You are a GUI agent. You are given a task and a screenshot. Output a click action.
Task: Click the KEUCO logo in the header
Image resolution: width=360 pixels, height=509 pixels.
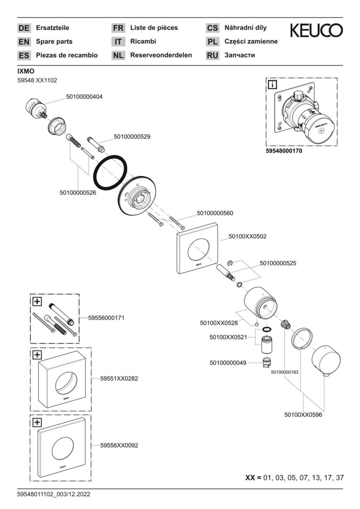[316, 31]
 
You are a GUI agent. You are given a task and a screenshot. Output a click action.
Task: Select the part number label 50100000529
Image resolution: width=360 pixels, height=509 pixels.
[132, 137]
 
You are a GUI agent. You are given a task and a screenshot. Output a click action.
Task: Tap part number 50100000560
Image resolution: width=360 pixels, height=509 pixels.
[215, 213]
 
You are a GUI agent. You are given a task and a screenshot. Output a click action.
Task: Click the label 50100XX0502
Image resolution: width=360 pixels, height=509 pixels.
[247, 237]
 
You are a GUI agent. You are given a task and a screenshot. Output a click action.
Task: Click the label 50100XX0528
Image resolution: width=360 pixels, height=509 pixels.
[219, 323]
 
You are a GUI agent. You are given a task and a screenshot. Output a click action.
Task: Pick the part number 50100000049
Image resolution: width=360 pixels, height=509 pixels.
[228, 362]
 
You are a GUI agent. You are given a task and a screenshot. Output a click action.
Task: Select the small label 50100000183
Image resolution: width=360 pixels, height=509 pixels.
[285, 372]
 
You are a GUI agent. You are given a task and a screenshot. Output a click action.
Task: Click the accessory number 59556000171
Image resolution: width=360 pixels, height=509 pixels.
[106, 318]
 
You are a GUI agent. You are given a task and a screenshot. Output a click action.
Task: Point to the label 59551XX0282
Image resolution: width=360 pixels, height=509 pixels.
[119, 378]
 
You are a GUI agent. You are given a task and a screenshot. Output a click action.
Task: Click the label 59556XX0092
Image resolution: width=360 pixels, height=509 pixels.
[119, 444]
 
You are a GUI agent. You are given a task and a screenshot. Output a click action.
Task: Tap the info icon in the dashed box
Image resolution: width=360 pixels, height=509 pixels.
[272, 85]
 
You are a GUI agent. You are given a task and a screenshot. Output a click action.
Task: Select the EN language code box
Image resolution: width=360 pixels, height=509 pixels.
[24, 41]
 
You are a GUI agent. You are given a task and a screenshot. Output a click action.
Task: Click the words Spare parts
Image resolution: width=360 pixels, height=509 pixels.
[54, 41]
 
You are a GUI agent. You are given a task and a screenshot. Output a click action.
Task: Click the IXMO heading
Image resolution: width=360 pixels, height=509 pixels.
[25, 71]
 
